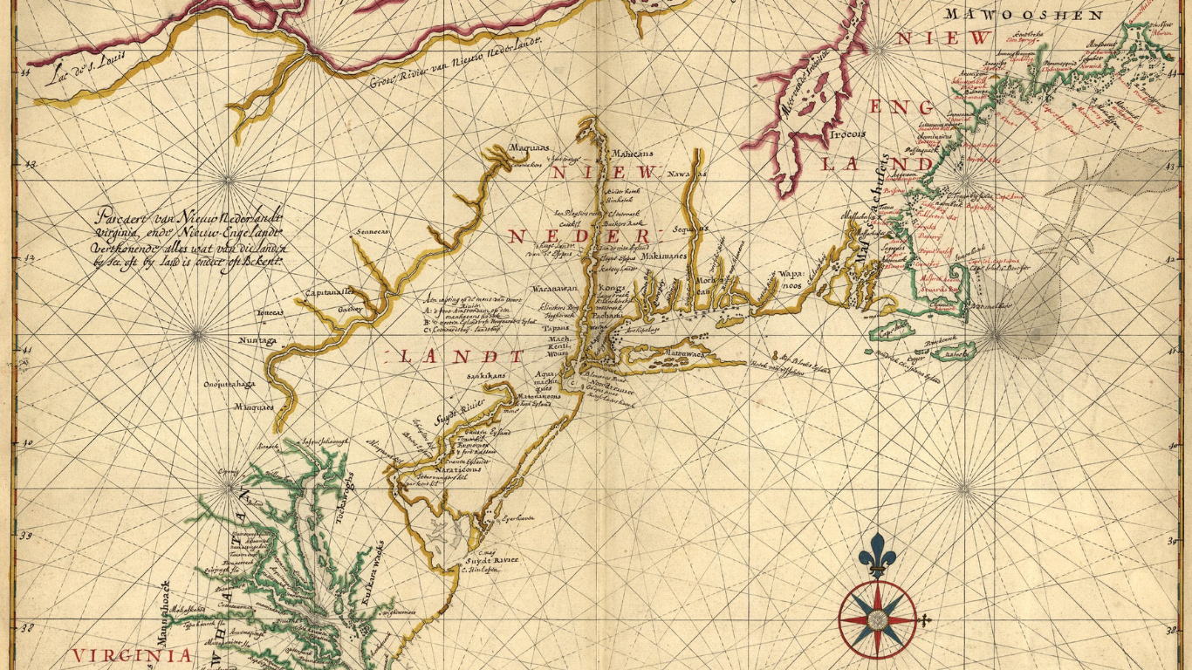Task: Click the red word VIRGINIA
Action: (132, 655)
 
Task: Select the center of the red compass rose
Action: (878, 620)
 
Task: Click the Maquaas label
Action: (531, 149)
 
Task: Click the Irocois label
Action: (847, 134)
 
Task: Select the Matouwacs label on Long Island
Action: (688, 354)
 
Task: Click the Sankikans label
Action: (486, 375)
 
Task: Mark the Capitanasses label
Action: (329, 292)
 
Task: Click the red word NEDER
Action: (579, 236)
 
